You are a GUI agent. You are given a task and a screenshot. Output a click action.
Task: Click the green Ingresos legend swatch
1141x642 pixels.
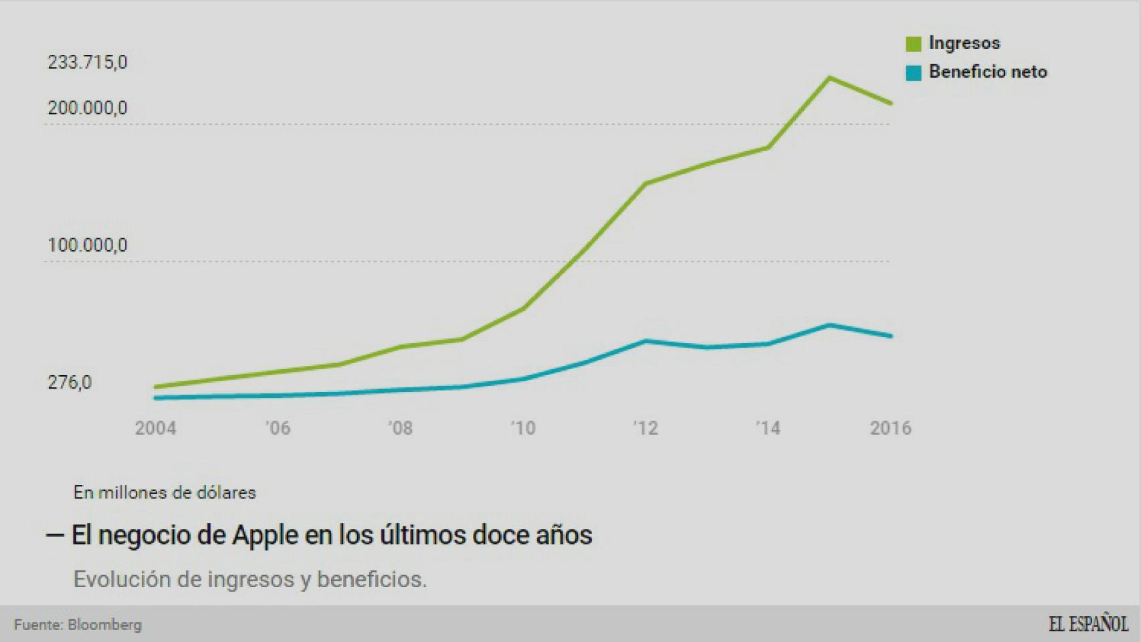(x=914, y=44)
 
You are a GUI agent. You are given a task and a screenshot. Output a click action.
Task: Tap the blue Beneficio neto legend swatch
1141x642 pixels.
(x=914, y=73)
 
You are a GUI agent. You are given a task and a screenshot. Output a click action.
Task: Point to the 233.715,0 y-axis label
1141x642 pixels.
(x=87, y=63)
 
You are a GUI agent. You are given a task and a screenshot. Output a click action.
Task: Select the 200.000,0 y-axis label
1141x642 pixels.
(x=87, y=108)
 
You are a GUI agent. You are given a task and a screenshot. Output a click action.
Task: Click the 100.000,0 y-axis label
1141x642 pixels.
(x=87, y=245)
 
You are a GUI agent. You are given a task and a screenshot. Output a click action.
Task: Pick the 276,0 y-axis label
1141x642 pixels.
(x=70, y=383)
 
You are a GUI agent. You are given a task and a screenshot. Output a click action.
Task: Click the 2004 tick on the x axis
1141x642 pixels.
(x=156, y=428)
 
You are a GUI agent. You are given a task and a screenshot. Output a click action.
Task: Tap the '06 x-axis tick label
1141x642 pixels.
(x=278, y=428)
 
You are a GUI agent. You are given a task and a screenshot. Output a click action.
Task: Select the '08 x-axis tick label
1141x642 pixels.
(x=401, y=428)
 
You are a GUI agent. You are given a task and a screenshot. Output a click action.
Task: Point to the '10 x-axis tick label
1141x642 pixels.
(x=523, y=428)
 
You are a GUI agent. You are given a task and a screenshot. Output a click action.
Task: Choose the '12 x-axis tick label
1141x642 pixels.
(x=645, y=428)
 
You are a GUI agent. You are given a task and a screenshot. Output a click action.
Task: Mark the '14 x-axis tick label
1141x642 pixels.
(x=768, y=428)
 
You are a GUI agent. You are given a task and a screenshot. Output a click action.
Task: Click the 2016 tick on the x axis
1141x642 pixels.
(x=890, y=428)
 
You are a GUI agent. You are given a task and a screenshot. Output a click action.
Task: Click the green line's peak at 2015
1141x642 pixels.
(x=829, y=78)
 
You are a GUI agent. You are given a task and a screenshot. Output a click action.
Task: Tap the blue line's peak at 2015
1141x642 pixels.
(x=829, y=325)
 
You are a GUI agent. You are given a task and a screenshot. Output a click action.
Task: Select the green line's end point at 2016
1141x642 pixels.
(x=891, y=104)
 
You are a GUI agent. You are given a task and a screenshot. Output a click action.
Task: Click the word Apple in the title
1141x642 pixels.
(x=266, y=535)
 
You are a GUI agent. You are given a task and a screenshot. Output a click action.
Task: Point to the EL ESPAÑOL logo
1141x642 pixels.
(x=1088, y=624)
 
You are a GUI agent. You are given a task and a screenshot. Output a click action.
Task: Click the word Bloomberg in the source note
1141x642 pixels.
(x=105, y=625)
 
